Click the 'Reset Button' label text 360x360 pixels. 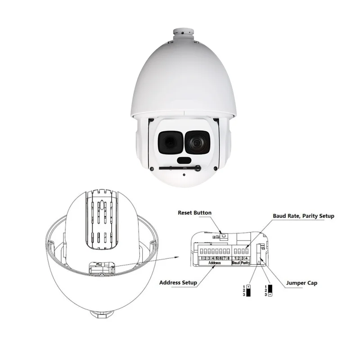click(x=194, y=213)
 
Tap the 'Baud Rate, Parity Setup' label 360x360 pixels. click(x=303, y=216)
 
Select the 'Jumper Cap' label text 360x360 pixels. click(x=301, y=283)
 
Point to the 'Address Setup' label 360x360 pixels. click(x=178, y=283)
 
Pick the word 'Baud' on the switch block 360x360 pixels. click(x=236, y=263)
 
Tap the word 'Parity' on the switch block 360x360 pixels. click(x=245, y=263)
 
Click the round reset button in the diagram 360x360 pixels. click(x=223, y=234)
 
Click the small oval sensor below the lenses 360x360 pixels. click(x=183, y=161)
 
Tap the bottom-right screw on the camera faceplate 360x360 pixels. click(x=215, y=169)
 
